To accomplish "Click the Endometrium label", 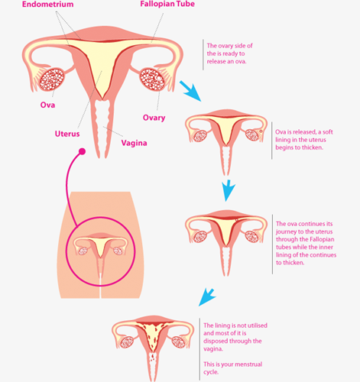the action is point(48,5).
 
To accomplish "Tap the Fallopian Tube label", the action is point(167,4).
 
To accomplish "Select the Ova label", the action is point(47,105).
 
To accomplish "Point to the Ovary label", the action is point(154,118).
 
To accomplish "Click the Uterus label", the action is point(67,134).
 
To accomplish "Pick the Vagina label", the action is point(134,143).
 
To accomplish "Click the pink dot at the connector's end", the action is point(82,151).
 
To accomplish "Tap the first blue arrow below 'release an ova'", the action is point(191,92).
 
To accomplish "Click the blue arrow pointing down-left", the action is point(207,297).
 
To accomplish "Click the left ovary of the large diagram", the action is point(51,79).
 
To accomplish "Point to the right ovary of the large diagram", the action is point(152,79).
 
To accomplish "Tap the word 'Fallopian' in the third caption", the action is point(323,239).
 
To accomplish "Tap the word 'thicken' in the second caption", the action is point(312,147).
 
